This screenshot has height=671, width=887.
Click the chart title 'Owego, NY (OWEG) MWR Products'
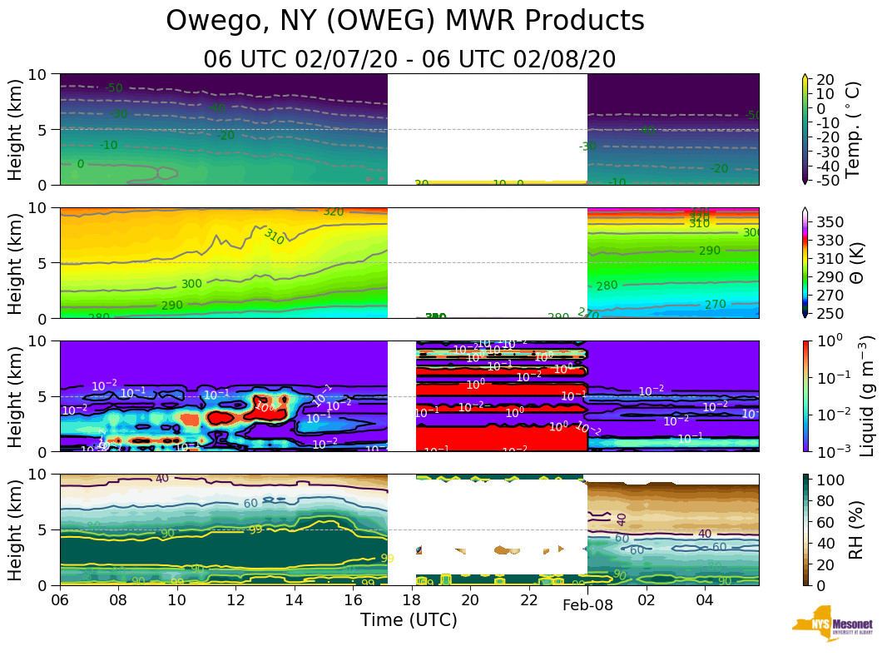point(405,21)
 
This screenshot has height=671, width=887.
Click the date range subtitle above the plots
point(409,60)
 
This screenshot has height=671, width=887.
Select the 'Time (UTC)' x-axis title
point(409,620)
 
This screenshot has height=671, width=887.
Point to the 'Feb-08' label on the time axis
point(587,605)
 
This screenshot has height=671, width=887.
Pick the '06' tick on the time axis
point(60,600)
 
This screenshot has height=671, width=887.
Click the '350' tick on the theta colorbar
point(832,222)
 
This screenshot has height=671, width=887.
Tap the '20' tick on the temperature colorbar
point(825,80)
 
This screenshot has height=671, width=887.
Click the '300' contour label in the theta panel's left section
point(191,284)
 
